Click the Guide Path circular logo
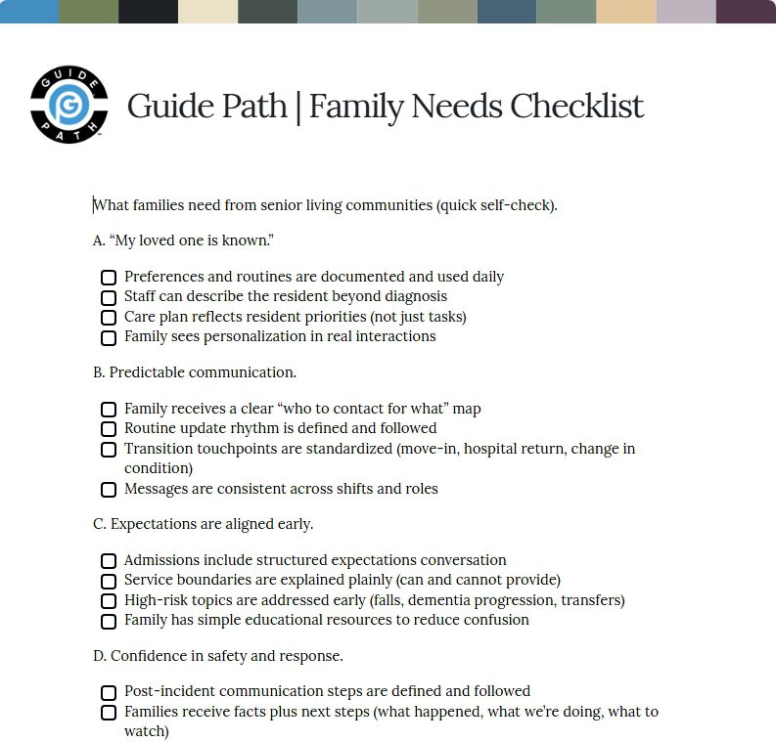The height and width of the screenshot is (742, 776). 68,105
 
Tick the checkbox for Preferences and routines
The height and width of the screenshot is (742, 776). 109,278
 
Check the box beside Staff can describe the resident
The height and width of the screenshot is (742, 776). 109,297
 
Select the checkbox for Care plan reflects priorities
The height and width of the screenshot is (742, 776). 109,318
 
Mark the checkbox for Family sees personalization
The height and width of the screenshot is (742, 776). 109,337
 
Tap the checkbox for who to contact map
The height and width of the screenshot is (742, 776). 109,410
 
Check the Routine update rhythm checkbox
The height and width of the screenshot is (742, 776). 109,429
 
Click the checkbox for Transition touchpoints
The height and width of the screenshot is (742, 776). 109,450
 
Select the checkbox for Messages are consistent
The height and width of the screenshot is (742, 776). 109,490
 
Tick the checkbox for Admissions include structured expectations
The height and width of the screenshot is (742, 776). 109,561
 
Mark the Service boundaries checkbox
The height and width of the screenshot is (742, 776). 109,581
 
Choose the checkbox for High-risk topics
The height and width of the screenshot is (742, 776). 109,601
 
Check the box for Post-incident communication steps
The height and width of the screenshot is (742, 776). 109,692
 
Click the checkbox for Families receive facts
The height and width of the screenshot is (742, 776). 109,713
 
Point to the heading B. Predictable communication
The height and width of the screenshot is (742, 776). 195,372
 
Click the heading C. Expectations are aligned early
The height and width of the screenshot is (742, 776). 204,524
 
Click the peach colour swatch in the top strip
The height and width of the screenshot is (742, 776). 626,12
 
